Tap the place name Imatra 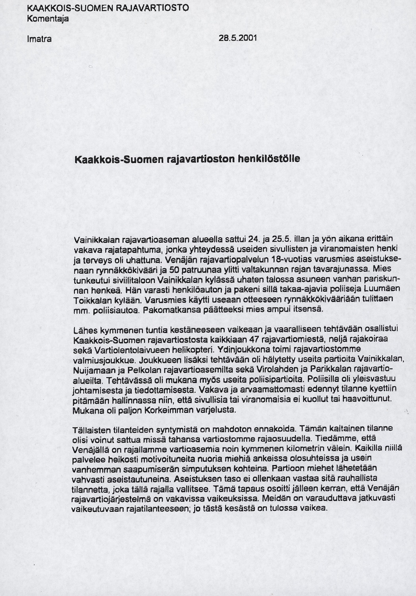(39, 39)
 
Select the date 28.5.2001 (237, 38)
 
